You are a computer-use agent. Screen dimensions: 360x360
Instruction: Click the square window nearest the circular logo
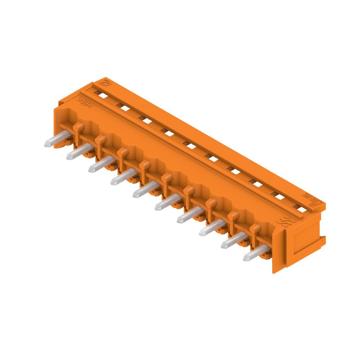coord(103,96)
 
